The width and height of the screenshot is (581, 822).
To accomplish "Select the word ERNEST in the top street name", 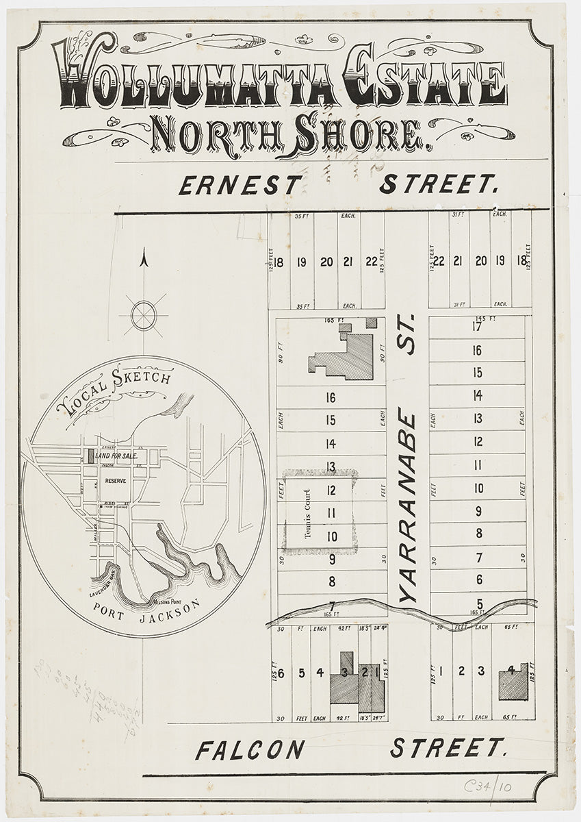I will click(240, 185).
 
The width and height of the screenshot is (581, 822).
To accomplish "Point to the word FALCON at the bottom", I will click(249, 750).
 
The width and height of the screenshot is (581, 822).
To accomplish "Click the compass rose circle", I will click(144, 316).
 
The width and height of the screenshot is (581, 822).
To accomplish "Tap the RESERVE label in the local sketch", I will click(117, 481).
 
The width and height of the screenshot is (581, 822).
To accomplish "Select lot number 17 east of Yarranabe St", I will click(477, 327).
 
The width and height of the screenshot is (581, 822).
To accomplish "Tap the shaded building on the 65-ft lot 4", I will click(514, 682).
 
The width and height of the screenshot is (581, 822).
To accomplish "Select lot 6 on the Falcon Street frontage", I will click(281, 672).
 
